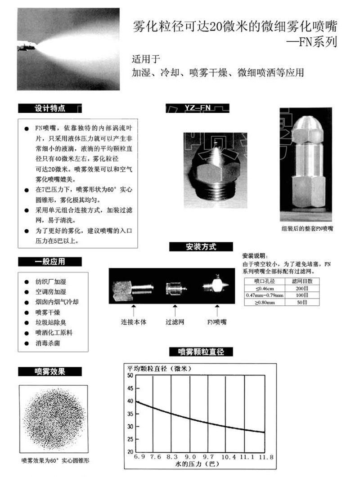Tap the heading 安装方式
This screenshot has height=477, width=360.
201,246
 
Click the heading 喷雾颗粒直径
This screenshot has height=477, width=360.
201,352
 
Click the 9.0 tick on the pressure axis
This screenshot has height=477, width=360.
190,457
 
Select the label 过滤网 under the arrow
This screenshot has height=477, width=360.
175,322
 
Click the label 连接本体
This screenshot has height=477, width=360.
134,322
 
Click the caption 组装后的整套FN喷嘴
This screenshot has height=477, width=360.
307,228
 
